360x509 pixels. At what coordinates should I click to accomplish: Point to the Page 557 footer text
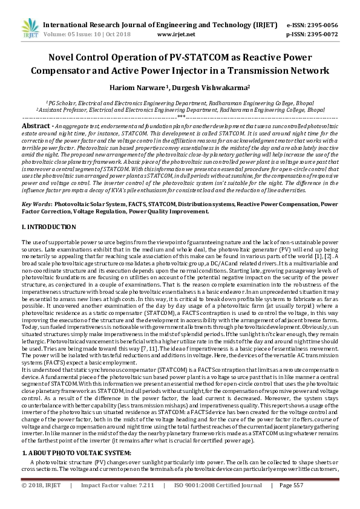(x=291, y=485)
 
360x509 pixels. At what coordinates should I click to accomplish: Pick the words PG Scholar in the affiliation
(x=64, y=103)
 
